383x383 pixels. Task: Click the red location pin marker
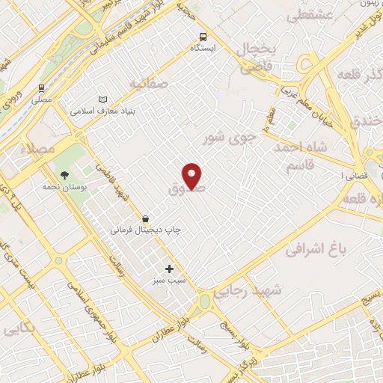point(193,175)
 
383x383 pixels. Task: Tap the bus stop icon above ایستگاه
point(203,37)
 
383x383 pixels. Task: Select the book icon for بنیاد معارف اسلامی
point(103,99)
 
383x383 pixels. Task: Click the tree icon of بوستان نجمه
point(64,174)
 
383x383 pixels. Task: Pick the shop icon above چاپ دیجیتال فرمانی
point(144,218)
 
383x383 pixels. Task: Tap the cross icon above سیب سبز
point(169,268)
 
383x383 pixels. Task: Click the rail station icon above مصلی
point(41,87)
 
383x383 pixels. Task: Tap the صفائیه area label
point(144,82)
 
